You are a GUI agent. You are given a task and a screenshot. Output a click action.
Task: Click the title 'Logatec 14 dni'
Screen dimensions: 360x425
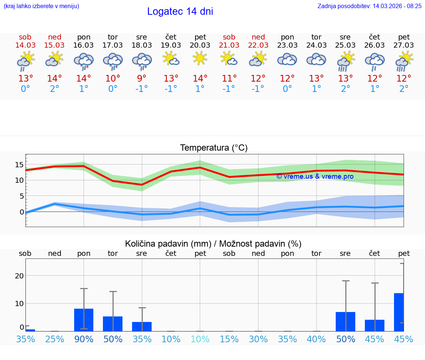tap(180, 11)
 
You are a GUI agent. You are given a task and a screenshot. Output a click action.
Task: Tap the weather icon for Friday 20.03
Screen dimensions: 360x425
tap(200, 58)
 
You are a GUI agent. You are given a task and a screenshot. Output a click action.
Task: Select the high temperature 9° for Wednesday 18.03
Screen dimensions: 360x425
tap(142, 79)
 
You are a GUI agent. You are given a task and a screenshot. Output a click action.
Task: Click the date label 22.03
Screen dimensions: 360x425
tap(258, 45)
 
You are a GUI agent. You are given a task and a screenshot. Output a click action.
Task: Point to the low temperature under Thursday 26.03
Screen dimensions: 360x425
tap(375, 89)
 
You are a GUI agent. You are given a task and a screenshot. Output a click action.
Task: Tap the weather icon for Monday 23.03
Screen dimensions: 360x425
tap(287, 59)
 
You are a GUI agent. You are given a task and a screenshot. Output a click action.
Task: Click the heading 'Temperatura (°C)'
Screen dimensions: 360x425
tap(214, 148)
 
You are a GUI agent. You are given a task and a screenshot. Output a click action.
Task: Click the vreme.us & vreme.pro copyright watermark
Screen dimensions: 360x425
tap(315, 176)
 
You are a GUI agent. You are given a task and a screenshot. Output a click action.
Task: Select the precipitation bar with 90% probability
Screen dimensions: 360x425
tap(84, 320)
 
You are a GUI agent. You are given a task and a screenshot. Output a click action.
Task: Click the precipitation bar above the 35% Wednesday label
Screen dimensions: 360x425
tap(142, 326)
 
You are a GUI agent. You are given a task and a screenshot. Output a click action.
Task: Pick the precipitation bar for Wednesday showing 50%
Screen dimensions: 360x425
tap(345, 321)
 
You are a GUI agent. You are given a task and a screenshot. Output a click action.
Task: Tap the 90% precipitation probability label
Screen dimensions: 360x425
tap(84, 339)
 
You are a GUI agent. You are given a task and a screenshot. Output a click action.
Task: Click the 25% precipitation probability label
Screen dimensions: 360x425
tap(55, 339)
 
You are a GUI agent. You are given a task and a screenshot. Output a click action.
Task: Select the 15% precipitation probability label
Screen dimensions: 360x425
tap(229, 339)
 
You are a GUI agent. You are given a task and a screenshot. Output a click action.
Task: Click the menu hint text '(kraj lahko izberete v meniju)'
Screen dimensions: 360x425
tap(41, 6)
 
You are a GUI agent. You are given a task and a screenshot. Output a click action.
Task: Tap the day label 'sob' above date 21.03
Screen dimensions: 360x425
tap(229, 37)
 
